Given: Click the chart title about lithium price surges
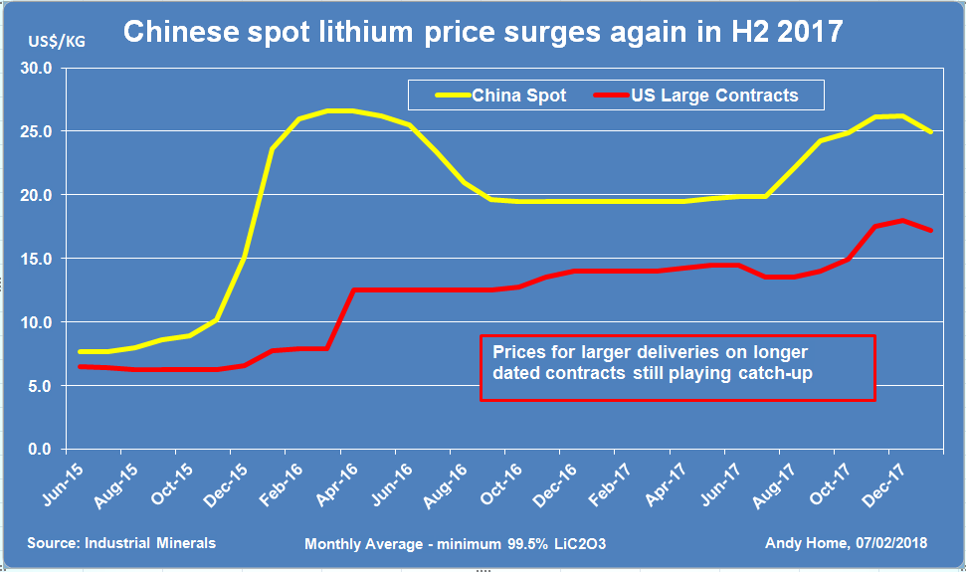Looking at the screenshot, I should pos(483,33).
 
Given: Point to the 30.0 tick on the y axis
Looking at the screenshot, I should pos(40,69).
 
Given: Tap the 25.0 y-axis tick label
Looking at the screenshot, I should pos(40,131).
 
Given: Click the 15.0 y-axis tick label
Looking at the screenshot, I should pos(40,259).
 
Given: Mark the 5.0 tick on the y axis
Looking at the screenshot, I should pos(43,386).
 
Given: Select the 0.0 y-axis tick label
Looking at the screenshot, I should pos(43,450).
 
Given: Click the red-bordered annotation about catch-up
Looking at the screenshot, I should pos(676,368).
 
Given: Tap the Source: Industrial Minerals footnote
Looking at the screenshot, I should pos(121,543).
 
